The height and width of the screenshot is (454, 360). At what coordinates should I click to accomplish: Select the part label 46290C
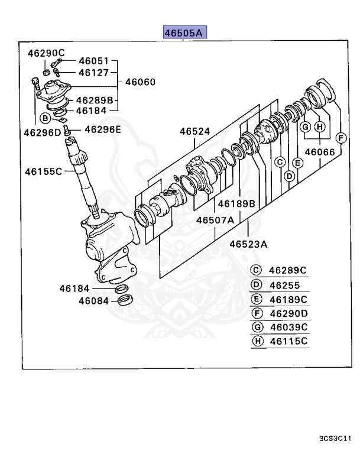tap(46, 53)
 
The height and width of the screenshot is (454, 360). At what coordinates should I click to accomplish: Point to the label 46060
tap(139, 82)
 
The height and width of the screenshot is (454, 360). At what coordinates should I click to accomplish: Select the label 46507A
tap(215, 220)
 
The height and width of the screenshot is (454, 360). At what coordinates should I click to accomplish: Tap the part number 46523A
tap(249, 243)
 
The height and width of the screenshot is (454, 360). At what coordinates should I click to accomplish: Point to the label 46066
tap(320, 152)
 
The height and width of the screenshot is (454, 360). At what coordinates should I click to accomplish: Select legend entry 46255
tap(286, 284)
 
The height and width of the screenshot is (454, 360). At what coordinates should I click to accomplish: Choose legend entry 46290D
tap(288, 313)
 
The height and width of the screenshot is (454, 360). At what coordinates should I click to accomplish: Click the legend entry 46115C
tap(288, 342)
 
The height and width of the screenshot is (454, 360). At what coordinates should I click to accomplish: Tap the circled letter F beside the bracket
tap(340, 138)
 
